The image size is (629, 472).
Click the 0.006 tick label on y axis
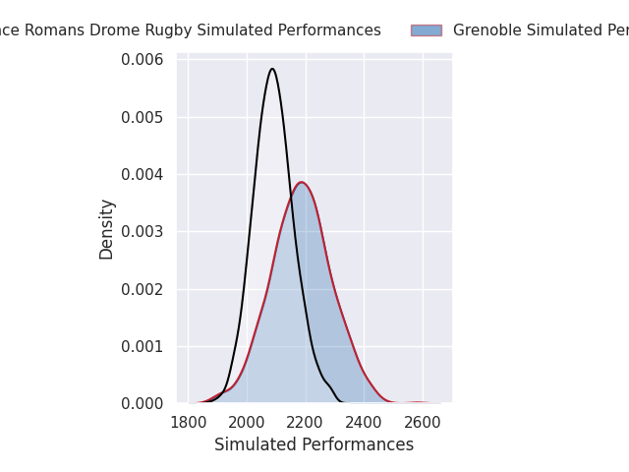(143, 60)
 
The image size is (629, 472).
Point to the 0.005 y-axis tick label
(143, 117)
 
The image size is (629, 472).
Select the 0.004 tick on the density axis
(143, 175)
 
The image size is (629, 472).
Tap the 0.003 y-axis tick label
(143, 232)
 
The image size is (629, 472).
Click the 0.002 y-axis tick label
(143, 289)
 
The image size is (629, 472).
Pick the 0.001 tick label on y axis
(143, 346)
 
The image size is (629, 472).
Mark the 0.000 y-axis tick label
(143, 403)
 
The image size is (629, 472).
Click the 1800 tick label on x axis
(189, 423)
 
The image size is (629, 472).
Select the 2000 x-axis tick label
(247, 423)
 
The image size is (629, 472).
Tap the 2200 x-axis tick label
(306, 423)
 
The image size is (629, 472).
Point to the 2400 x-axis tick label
(364, 423)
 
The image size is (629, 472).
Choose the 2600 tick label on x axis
(423, 423)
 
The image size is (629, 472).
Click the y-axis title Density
(107, 229)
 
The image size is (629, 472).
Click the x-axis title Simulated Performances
(314, 444)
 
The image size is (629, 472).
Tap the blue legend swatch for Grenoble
(426, 30)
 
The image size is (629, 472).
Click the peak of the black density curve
(272, 69)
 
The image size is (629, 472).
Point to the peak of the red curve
(302, 182)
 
